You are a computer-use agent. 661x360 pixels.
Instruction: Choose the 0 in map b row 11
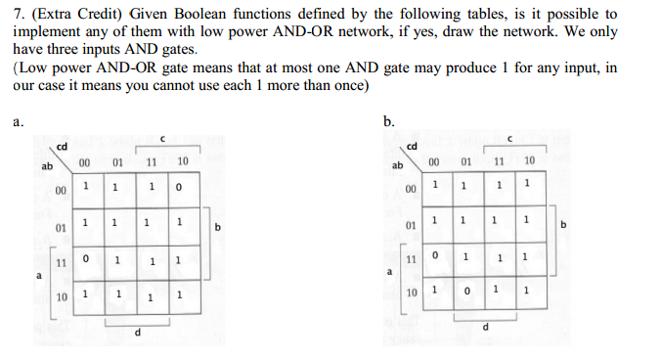click(435, 257)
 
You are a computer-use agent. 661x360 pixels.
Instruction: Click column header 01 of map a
click(116, 160)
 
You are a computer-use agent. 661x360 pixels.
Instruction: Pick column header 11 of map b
click(499, 160)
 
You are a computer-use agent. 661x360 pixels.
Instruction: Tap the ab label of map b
click(398, 165)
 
